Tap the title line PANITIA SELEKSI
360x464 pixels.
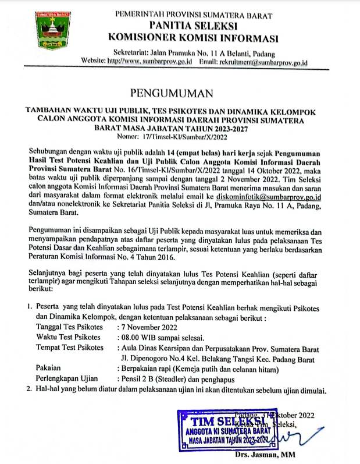(193, 26)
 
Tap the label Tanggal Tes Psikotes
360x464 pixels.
(72, 327)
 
